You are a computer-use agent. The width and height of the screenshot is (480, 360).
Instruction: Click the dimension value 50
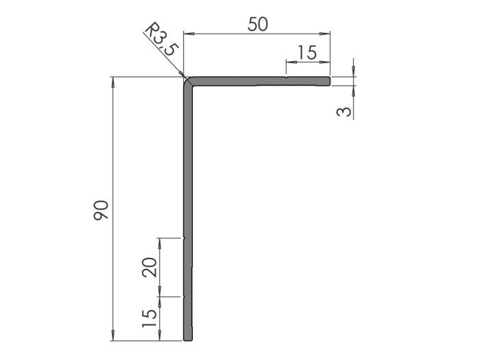[x=258, y=23]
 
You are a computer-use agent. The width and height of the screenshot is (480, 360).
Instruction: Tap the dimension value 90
[x=100, y=210]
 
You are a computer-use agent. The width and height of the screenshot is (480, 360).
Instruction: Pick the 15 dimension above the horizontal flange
[x=307, y=53]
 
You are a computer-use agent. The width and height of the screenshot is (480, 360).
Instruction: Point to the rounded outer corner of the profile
[x=187, y=80]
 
